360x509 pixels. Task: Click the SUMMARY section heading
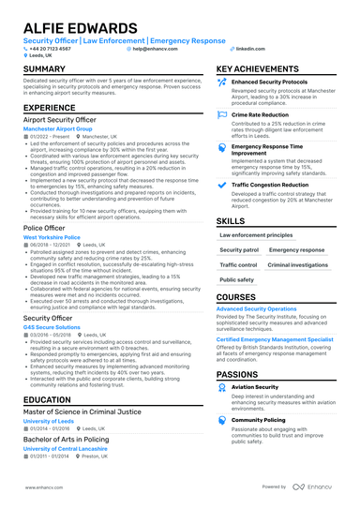click(44, 69)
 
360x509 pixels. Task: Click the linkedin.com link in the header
click(249, 48)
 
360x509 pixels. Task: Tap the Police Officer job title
click(44, 228)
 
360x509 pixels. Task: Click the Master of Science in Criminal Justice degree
click(82, 412)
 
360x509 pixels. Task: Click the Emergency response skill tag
click(296, 251)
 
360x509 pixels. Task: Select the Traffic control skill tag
click(238, 265)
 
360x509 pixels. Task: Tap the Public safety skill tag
click(236, 279)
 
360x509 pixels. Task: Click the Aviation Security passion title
click(254, 386)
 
